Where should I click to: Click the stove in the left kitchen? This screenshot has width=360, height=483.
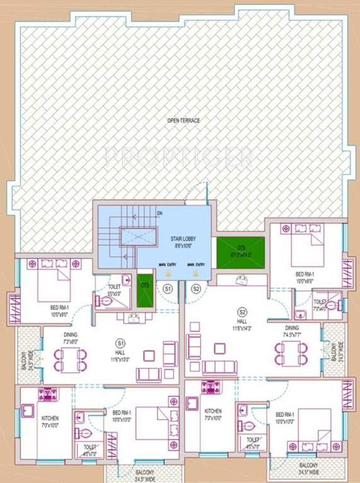coord(48,395)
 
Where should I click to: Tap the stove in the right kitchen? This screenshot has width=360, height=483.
coord(210,387)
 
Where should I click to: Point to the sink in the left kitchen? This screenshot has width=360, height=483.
coord(26,411)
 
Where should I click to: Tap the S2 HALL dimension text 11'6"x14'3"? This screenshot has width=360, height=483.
coord(242,328)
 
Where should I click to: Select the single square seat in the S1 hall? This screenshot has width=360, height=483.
coord(149,355)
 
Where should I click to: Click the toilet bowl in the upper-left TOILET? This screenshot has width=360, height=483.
coord(106,301)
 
